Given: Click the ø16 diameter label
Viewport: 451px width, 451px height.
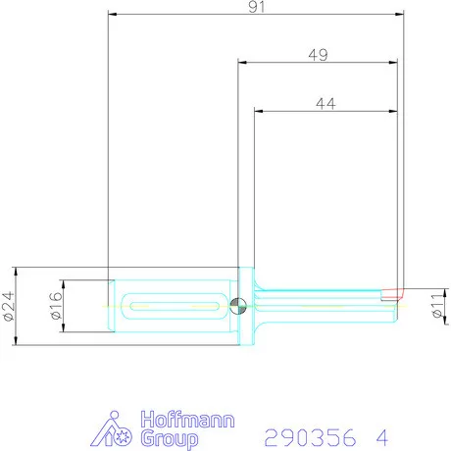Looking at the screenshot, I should [56, 306].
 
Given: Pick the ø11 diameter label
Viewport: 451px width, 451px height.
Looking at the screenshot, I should [437, 306].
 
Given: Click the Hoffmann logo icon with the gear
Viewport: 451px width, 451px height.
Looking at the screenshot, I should [117, 430].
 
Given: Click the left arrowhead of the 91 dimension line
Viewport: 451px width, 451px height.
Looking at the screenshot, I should [112, 15].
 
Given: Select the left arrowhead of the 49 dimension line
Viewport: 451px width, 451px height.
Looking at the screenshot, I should [242, 62].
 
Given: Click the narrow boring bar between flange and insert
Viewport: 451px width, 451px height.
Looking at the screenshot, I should [324, 305].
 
